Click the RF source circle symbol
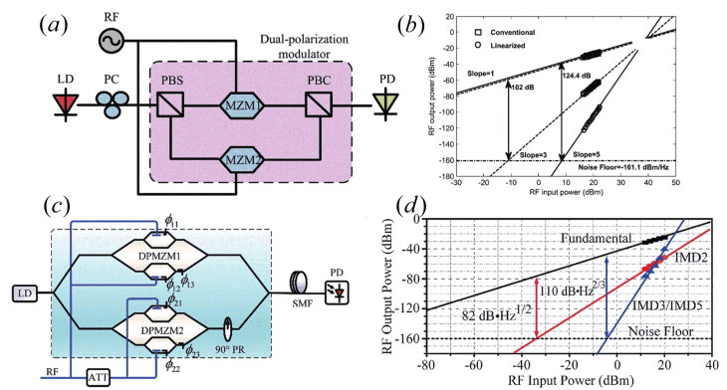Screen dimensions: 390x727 click(x=111, y=42)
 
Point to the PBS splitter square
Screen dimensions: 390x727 click(x=165, y=106)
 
